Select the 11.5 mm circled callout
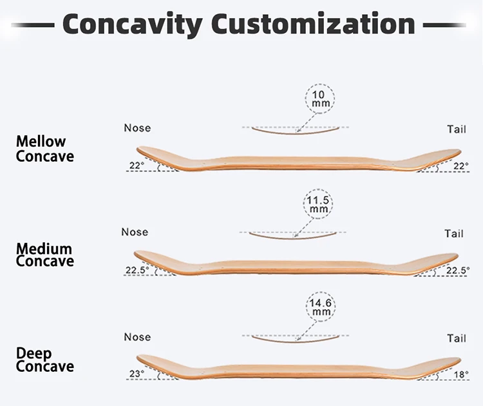(319, 205)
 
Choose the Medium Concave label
(44, 255)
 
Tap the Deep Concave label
(44, 360)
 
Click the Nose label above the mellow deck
(137, 128)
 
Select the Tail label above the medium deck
(454, 233)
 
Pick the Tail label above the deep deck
(456, 338)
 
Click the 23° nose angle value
(137, 373)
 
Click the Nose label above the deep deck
(137, 337)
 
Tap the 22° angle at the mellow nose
(137, 166)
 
